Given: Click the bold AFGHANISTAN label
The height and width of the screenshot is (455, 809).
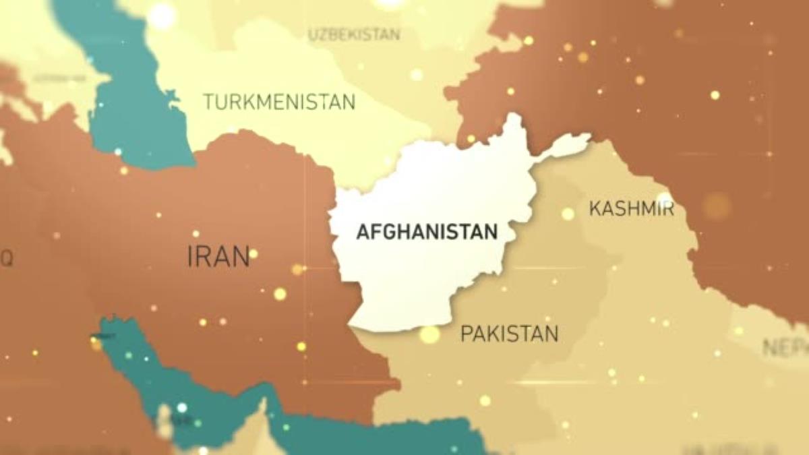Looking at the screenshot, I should point(427,232).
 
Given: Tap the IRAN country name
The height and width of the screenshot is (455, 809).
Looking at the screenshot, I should point(218,257).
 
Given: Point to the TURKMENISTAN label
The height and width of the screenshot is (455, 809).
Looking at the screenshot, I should point(278,102).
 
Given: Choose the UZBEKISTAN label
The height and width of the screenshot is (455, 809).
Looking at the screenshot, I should point(353,34).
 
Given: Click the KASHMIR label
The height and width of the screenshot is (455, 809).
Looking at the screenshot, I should point(631,208).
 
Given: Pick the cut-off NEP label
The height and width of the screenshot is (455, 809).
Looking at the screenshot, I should point(785,348).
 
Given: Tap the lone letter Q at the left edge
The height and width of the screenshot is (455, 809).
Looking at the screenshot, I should point(6,257).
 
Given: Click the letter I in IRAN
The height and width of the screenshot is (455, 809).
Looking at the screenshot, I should point(190,257).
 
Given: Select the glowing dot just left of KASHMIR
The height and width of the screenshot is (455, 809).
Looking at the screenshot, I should point(568,214).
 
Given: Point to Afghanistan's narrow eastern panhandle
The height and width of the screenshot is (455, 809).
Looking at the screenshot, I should point(566,145).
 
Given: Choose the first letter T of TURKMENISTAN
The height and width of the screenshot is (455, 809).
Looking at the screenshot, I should point(208,102).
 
